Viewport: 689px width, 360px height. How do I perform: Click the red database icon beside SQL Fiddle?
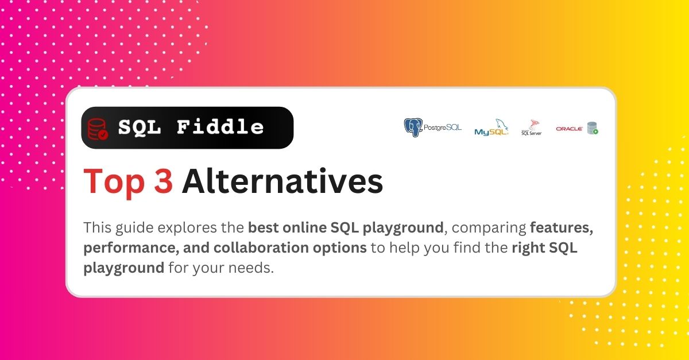(98, 129)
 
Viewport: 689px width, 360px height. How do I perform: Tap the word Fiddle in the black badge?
(220, 127)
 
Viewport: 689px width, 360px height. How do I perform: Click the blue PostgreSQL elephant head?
(413, 127)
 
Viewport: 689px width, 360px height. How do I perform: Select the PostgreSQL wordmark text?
(443, 127)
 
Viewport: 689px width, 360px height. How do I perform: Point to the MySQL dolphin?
(501, 125)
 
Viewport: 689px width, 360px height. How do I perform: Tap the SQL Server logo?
(532, 127)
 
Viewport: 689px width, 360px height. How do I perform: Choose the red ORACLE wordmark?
(570, 129)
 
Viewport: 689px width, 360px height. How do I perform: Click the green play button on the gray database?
(595, 131)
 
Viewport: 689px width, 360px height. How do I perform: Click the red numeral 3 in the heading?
(163, 181)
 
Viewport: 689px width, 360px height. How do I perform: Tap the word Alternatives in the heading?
(282, 181)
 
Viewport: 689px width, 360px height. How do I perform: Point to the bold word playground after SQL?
(403, 228)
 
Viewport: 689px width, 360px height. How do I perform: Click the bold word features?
(562, 228)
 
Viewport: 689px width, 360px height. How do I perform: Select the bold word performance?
(131, 248)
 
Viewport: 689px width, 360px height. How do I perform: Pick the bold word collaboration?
(261, 247)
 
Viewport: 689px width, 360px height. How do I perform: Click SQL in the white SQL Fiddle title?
(140, 127)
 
